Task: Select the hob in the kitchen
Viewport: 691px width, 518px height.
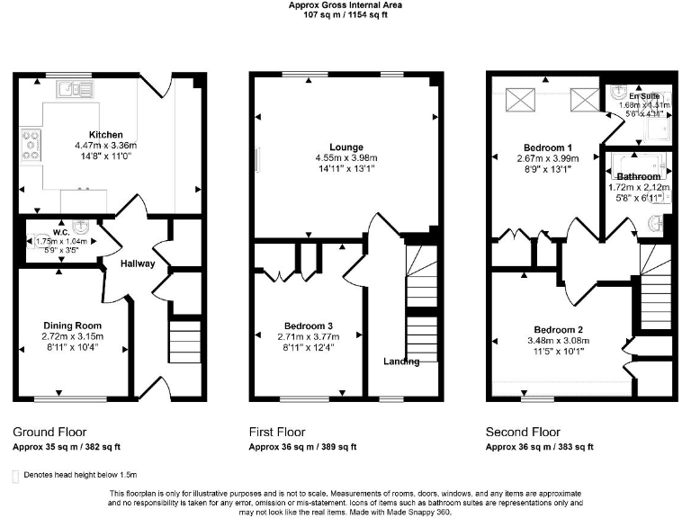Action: pos(31,145)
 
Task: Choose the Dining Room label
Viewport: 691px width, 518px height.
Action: pos(73,326)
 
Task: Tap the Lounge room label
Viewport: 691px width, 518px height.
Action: pos(345,147)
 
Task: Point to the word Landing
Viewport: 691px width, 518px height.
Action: pos(400,362)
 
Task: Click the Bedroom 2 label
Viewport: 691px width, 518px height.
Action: pos(558,329)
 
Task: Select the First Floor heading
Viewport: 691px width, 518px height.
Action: pos(278,432)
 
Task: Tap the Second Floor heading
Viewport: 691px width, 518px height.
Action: pos(523,432)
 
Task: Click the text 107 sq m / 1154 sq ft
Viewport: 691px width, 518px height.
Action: pos(345,15)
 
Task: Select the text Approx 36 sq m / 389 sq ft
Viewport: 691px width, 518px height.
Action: pos(301,446)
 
